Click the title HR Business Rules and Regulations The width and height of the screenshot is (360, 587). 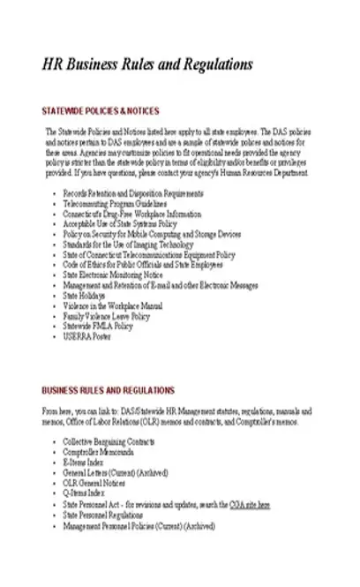coord(148,64)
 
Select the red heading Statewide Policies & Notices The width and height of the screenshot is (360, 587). coord(101,111)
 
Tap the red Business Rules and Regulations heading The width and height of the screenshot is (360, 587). coord(109,390)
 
